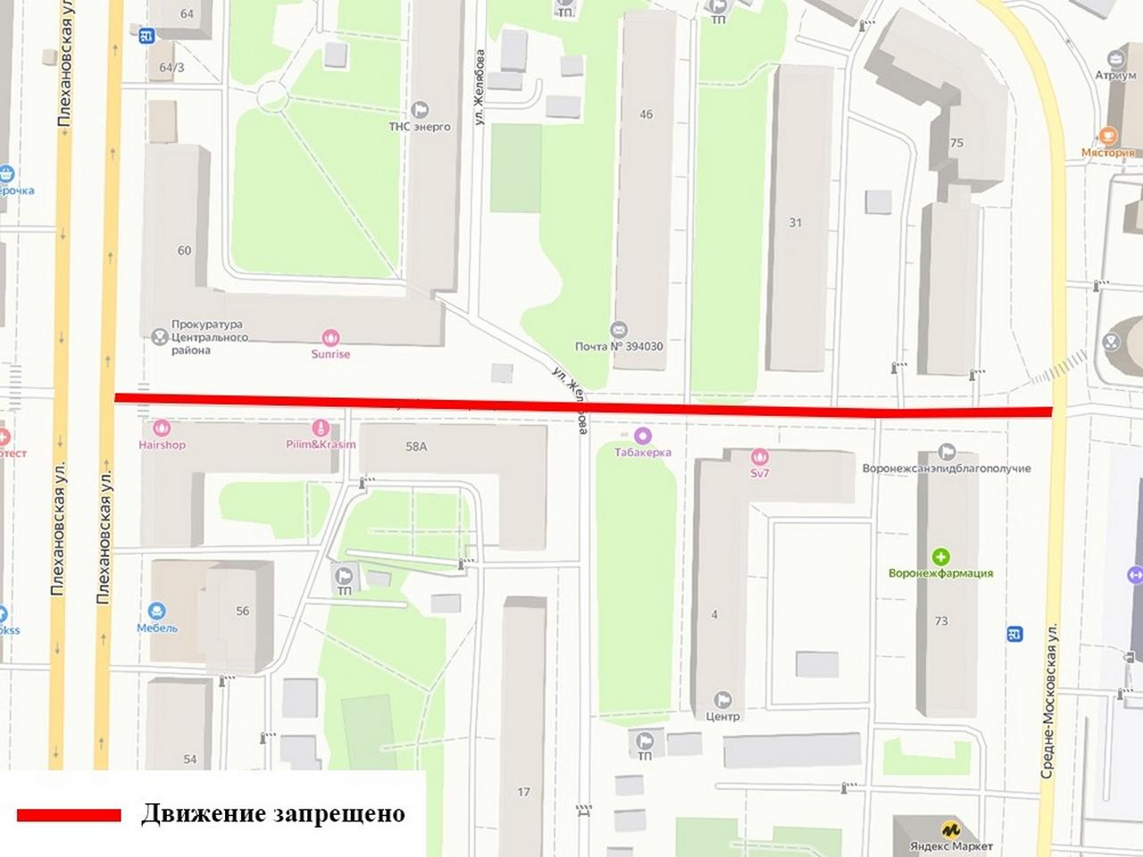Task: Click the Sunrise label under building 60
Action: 330,354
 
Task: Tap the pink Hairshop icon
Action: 162,429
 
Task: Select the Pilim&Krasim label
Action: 321,445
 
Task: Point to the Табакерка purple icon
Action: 642,437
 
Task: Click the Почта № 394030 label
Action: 619,346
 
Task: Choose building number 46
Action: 647,114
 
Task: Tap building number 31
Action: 796,222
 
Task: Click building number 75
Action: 956,143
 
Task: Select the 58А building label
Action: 416,446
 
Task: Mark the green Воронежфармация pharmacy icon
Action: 940,557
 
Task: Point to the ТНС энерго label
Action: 420,127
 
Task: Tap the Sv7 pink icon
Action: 759,457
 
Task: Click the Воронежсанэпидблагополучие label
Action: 947,468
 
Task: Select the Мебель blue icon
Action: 157,612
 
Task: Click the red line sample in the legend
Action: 69,815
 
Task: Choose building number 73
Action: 941,620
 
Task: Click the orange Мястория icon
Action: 1108,137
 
